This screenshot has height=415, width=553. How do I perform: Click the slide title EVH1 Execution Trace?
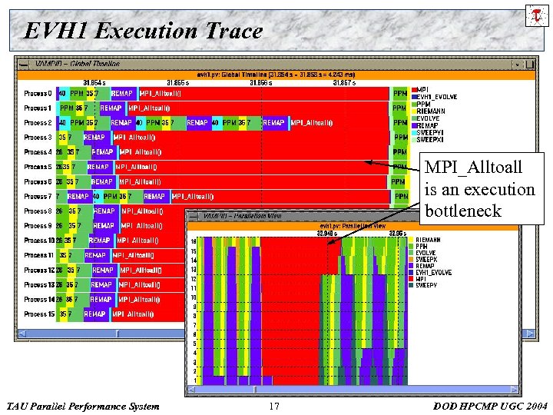click(x=143, y=31)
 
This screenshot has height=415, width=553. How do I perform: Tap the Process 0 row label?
click(x=38, y=93)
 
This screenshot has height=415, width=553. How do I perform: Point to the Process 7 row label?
click(x=38, y=196)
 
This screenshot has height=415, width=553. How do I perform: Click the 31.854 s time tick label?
click(x=94, y=82)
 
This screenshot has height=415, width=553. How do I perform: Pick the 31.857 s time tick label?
click(x=343, y=82)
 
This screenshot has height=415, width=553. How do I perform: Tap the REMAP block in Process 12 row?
click(x=103, y=271)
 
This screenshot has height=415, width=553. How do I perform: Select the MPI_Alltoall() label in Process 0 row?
click(x=161, y=93)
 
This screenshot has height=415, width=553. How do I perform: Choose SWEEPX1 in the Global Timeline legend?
click(x=429, y=139)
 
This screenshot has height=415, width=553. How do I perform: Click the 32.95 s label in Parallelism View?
click(x=397, y=233)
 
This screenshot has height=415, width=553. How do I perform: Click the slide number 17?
click(x=276, y=406)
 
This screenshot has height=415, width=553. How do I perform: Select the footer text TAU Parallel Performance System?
click(x=82, y=406)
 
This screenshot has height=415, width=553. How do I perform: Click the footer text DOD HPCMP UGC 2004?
click(x=490, y=406)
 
